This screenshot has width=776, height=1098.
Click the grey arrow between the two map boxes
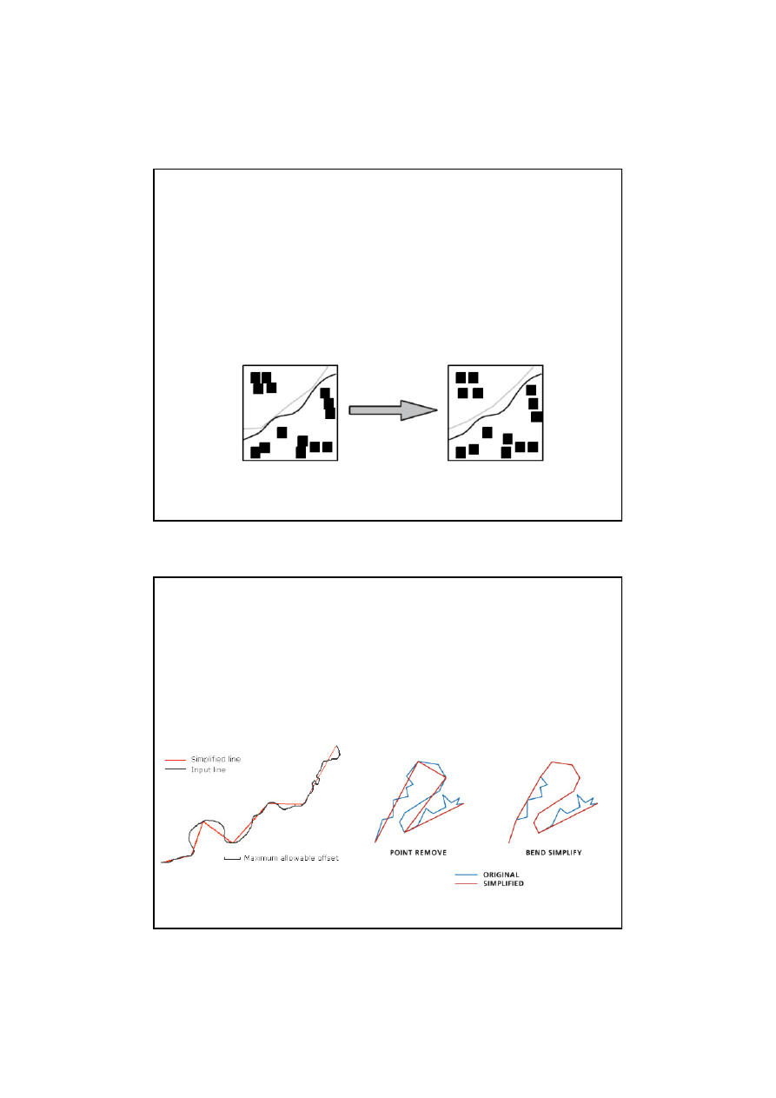click(393, 410)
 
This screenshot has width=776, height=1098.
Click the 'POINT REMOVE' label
click(418, 853)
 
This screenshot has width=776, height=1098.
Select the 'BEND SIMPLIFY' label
click(554, 853)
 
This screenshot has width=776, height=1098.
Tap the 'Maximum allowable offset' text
click(291, 858)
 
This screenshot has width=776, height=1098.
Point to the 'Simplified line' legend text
click(216, 759)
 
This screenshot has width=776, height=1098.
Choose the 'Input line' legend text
click(209, 769)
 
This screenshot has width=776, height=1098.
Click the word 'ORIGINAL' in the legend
click(501, 875)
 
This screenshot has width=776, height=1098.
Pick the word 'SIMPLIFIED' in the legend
click(504, 883)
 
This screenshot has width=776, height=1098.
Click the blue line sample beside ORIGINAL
click(466, 875)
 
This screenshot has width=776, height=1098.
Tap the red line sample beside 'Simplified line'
click(176, 760)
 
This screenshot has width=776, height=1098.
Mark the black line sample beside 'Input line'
click(176, 769)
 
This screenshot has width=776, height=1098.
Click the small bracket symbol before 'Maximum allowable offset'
click(232, 858)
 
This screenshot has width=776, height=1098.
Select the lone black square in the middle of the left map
click(282, 432)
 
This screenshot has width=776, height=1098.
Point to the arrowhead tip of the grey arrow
click(437, 410)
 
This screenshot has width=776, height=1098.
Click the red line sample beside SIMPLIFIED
click(466, 883)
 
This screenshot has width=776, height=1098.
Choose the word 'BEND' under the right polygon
click(535, 853)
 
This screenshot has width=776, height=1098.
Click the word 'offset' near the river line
click(328, 858)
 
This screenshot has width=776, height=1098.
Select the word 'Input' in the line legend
click(200, 769)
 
